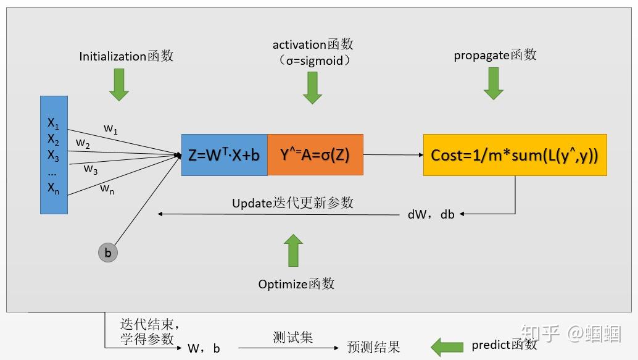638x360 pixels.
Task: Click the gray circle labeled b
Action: tap(107, 253)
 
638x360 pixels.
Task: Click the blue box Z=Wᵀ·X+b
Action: tap(224, 155)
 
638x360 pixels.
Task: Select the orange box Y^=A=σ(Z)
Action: tap(315, 155)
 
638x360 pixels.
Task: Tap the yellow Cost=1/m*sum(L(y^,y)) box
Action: tap(515, 155)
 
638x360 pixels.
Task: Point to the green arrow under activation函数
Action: tap(313, 88)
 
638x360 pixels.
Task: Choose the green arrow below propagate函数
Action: tap(494, 84)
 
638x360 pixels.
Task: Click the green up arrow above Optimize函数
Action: tap(294, 250)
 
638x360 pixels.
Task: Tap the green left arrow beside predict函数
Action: tap(447, 347)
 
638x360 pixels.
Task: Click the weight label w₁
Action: tap(110, 129)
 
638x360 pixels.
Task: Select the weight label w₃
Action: tap(91, 169)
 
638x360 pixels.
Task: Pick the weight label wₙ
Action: tap(107, 188)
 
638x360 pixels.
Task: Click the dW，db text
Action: tap(431, 214)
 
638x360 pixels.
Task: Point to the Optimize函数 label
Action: tap(296, 284)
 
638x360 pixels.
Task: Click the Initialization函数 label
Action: tap(126, 56)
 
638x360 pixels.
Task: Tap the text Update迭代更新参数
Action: tap(292, 203)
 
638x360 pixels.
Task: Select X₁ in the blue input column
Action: tap(53, 123)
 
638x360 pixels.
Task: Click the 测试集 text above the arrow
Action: tap(292, 337)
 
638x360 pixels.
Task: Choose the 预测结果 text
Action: tap(374, 347)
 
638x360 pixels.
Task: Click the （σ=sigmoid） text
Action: tap(313, 61)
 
